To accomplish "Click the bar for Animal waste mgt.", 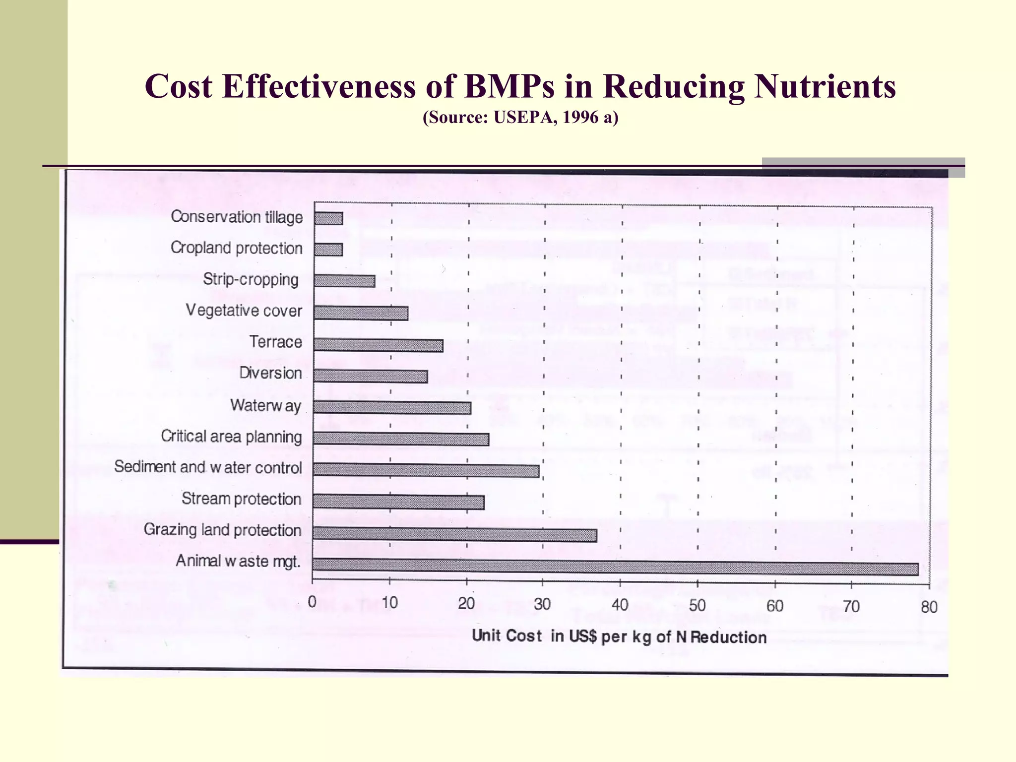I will (x=615, y=567).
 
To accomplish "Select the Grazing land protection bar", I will (x=454, y=534).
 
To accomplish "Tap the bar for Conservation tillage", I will (x=328, y=218).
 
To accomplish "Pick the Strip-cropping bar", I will (x=344, y=281).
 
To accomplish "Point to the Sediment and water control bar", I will (x=426, y=470).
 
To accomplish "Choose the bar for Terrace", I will (x=378, y=345).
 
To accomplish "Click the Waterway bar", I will (x=392, y=407).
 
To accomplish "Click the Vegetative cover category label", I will (x=244, y=311).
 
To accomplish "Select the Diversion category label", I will (x=270, y=373).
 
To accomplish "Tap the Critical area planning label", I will (x=231, y=437).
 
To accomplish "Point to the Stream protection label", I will (x=241, y=499).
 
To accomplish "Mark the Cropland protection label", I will (x=236, y=248).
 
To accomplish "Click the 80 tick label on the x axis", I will (x=929, y=607).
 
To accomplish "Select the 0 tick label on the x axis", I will (x=312, y=602).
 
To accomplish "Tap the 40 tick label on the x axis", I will (x=620, y=605).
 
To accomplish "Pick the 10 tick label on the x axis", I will (x=389, y=603).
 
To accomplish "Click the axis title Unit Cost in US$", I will (x=619, y=636).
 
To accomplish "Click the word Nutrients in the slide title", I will (x=825, y=86).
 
